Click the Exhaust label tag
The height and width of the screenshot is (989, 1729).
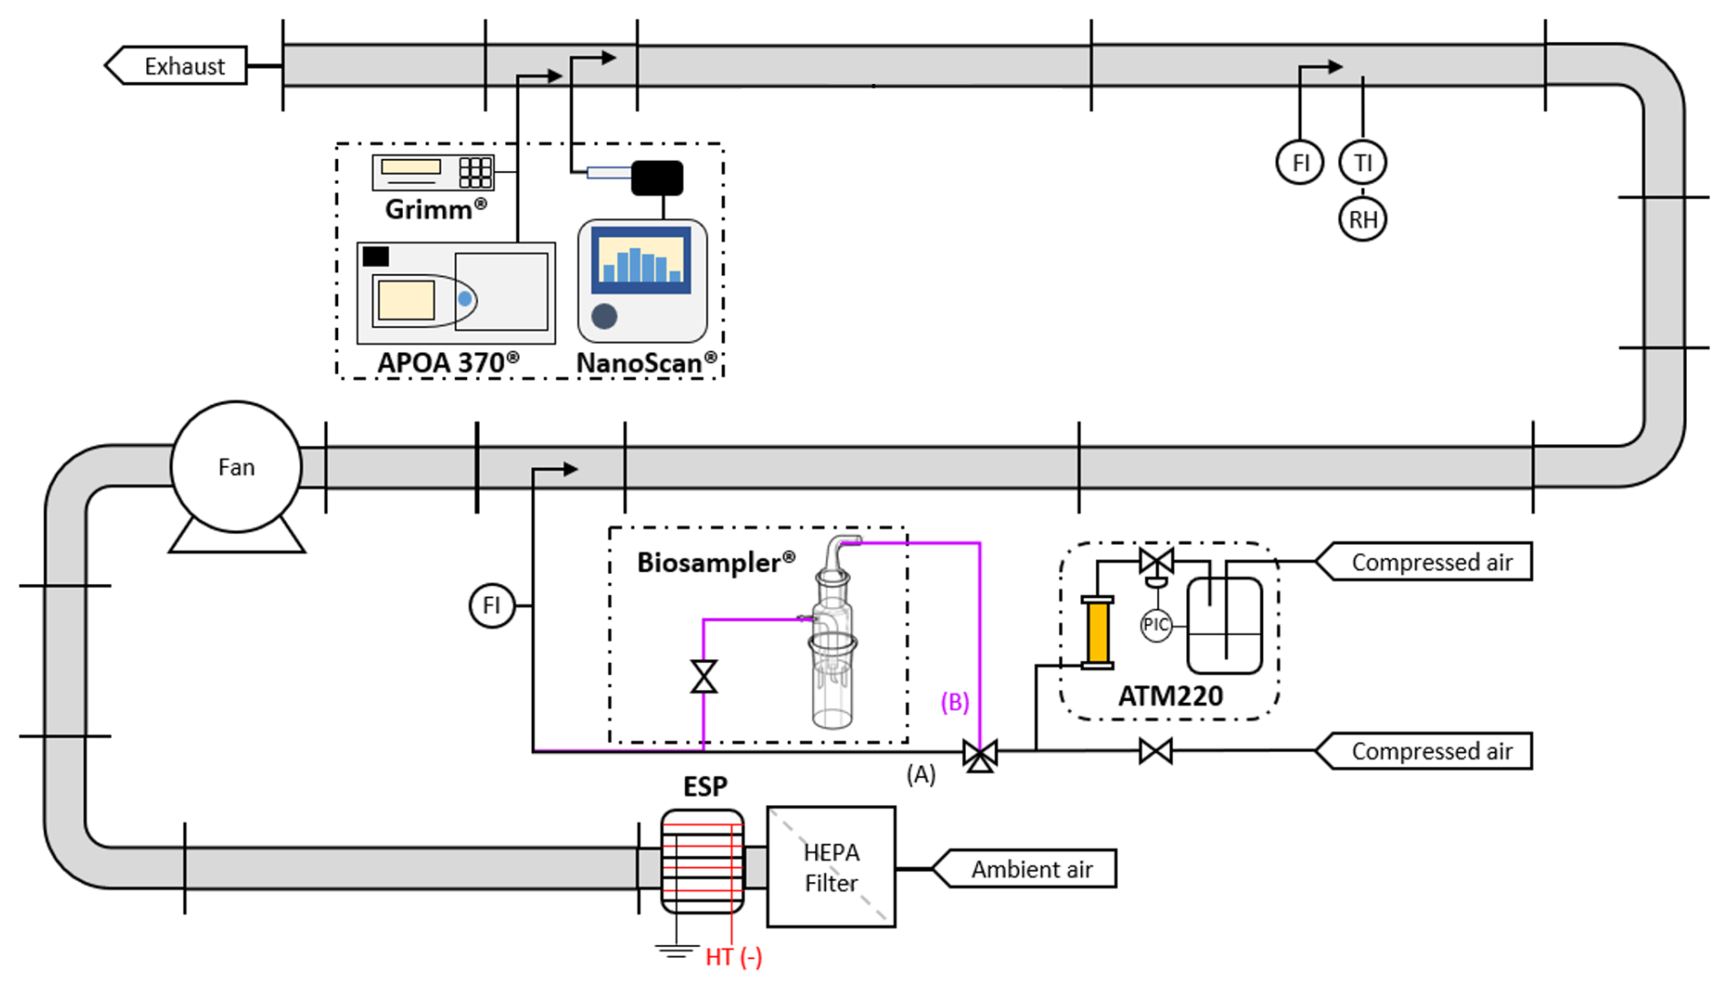pos(177,66)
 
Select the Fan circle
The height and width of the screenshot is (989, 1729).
pos(236,467)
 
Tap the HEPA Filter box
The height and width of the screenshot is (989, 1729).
pos(831,867)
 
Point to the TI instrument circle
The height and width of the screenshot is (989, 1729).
pos(1363,163)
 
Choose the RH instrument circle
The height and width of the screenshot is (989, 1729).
pos(1363,219)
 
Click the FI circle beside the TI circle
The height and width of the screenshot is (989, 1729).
pos(1299,163)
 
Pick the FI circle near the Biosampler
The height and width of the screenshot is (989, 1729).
pos(492,605)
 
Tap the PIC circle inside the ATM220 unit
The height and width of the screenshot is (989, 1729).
pos(1156,625)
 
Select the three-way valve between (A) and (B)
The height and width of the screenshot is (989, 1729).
pos(980,755)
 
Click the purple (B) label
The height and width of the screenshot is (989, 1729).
pos(955,702)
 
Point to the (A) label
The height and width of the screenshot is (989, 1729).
pos(921,775)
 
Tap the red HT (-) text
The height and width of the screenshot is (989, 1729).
pos(734,957)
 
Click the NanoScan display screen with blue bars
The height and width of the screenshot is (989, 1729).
pos(642,259)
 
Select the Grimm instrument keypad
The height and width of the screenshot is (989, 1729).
pos(475,172)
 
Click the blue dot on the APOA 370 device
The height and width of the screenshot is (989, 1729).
pos(465,299)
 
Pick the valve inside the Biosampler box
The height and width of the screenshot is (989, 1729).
pos(704,677)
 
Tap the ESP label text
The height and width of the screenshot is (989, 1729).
pos(705,787)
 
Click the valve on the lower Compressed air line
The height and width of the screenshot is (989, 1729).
pos(1156,751)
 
